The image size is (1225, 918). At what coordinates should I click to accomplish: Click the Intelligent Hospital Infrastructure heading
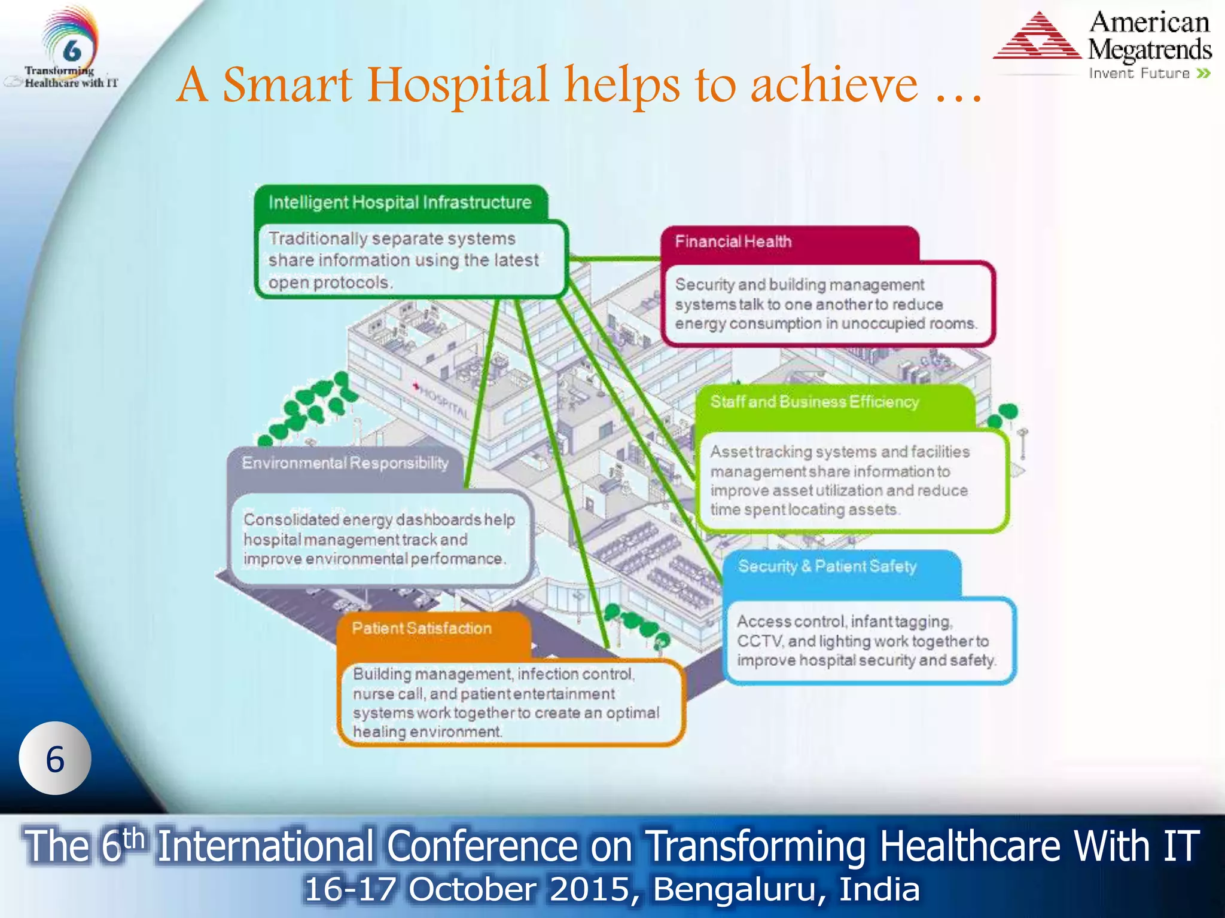pyautogui.click(x=400, y=203)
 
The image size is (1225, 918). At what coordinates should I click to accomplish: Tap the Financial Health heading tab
pyautogui.click(x=733, y=241)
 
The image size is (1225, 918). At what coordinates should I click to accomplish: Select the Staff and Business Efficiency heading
pyautogui.click(x=814, y=402)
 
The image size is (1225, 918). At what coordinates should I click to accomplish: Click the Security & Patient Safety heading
pyautogui.click(x=827, y=566)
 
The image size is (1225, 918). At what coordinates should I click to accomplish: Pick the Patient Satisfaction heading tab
pyautogui.click(x=421, y=628)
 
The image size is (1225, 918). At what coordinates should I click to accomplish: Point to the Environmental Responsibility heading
pyautogui.click(x=345, y=463)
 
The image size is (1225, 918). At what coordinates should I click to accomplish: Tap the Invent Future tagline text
pyautogui.click(x=1139, y=74)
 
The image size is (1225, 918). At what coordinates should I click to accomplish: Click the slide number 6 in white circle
pyautogui.click(x=55, y=759)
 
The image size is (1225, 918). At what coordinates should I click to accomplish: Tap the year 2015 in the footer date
pyautogui.click(x=590, y=889)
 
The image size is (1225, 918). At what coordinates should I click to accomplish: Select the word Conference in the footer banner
pyautogui.click(x=482, y=846)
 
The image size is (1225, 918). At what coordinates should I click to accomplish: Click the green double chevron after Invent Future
pyautogui.click(x=1203, y=74)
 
